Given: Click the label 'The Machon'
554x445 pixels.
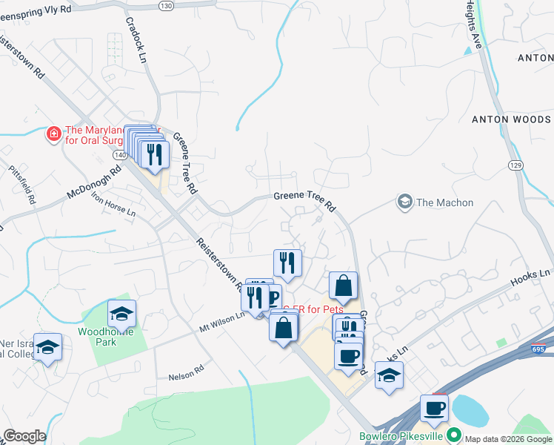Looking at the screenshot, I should click(x=444, y=202).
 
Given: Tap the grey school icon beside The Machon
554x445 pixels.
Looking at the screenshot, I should click(x=404, y=202).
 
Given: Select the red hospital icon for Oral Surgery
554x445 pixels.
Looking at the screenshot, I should click(x=53, y=133).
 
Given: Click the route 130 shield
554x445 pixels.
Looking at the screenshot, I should click(x=166, y=5).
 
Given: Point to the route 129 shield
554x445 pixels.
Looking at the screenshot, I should click(x=515, y=163).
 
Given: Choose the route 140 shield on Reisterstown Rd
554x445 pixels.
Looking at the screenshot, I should click(x=119, y=156).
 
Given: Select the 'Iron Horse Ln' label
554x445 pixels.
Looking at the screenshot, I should click(x=113, y=205).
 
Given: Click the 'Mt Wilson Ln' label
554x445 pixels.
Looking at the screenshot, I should click(x=221, y=320).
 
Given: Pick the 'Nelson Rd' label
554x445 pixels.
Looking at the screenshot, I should click(x=190, y=369).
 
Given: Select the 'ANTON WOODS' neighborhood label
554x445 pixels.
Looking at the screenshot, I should click(x=511, y=119).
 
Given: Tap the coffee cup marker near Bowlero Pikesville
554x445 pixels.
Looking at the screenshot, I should click(x=434, y=408).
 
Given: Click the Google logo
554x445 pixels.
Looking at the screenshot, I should click(x=24, y=436).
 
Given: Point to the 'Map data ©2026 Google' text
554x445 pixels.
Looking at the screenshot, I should click(x=509, y=439).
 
